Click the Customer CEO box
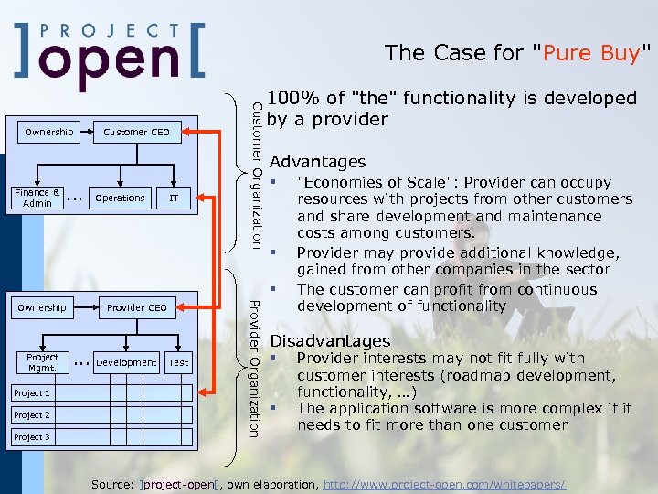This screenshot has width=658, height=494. [137, 133]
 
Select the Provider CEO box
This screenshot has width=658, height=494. [137, 308]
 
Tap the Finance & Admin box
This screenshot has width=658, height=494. [37, 198]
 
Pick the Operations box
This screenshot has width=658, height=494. [120, 198]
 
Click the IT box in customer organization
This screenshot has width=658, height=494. [173, 198]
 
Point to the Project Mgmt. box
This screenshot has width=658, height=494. [42, 362]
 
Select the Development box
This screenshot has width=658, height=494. [126, 362]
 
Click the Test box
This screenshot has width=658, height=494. [179, 362]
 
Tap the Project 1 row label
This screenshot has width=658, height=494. [32, 393]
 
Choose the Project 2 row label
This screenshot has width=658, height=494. [32, 415]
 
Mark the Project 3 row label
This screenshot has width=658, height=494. [32, 437]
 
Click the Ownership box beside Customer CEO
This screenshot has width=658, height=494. [49, 133]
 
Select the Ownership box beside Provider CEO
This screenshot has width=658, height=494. [42, 308]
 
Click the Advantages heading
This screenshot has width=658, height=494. [318, 162]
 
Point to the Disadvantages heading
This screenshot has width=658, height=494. [330, 341]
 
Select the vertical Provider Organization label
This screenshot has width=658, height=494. [257, 367]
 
